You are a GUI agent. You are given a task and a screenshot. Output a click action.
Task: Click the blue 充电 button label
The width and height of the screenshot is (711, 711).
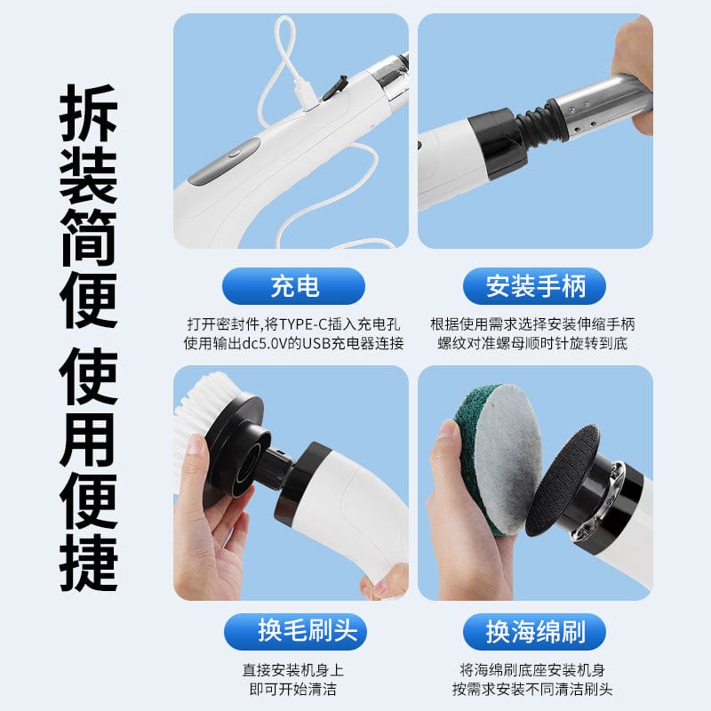(x=293, y=286)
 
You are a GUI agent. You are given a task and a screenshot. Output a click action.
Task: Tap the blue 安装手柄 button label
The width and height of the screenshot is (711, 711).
(x=533, y=286)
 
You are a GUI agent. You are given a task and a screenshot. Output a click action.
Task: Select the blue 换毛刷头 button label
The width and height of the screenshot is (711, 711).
(x=293, y=631)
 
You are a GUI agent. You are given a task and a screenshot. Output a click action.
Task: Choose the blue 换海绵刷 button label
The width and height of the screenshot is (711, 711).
(x=533, y=631)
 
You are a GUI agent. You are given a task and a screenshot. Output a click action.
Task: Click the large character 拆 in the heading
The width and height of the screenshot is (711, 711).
(x=90, y=114)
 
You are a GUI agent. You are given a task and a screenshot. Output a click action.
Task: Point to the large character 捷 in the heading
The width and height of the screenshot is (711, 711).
(x=90, y=562)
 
